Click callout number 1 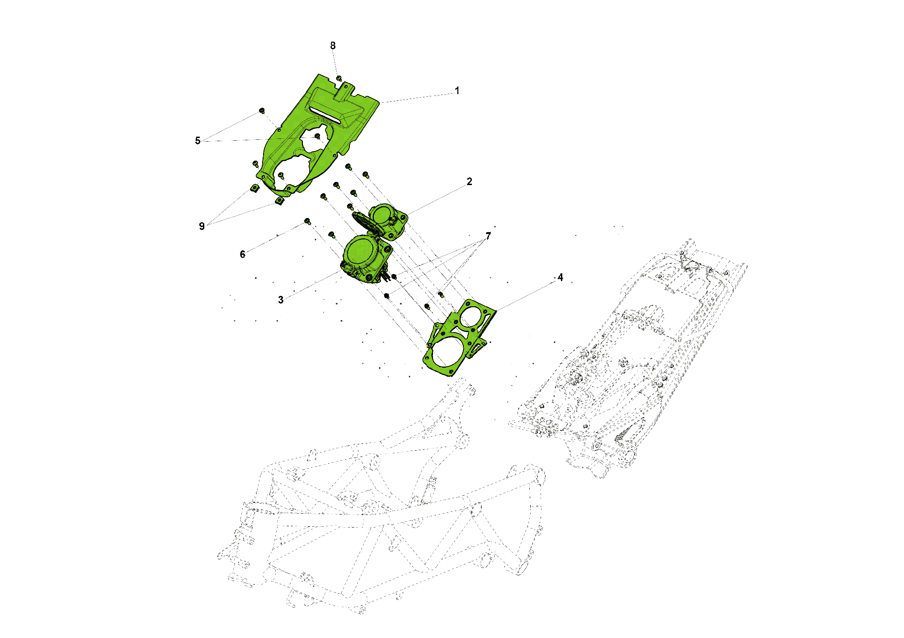(x=457, y=90)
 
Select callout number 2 (x=469, y=181)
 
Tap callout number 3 (x=281, y=300)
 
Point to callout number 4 (x=560, y=277)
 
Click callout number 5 (x=198, y=141)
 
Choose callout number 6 (x=242, y=254)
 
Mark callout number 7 (x=488, y=236)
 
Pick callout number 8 (x=333, y=46)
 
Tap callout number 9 (x=202, y=226)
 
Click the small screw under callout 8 (x=339, y=79)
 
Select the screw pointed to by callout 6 (x=307, y=221)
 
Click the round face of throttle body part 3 (x=360, y=251)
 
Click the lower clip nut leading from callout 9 (x=280, y=200)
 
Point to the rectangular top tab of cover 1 (x=345, y=91)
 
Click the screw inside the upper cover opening (x=317, y=136)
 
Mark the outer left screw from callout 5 (x=262, y=111)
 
